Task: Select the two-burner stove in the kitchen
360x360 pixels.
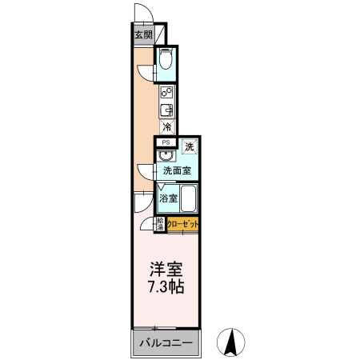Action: (166, 93)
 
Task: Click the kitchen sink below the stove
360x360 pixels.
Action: (167, 110)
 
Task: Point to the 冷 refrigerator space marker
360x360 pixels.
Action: (166, 126)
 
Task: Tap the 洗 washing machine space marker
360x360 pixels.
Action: (189, 146)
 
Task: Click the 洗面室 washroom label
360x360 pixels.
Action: (176, 170)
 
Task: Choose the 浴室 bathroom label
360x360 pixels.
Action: (167, 197)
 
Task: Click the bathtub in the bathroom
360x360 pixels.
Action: (189, 198)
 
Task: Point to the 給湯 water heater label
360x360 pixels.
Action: (160, 225)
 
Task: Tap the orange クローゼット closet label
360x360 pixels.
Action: (182, 225)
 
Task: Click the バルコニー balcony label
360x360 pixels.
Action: (166, 343)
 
